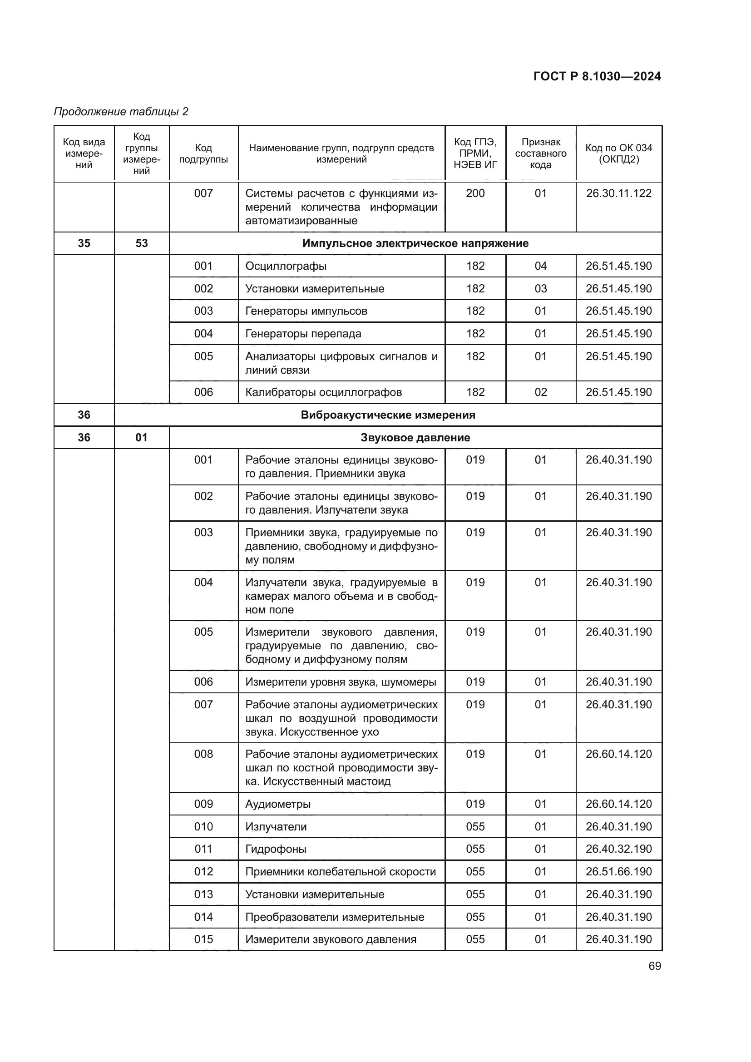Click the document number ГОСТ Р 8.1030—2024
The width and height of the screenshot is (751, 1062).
[597, 76]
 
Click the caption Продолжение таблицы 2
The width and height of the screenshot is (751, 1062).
[121, 112]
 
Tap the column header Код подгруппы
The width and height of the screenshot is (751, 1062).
[203, 153]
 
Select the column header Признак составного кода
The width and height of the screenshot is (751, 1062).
[541, 153]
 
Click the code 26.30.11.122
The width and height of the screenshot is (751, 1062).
[619, 193]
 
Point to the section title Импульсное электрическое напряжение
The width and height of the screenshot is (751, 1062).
[415, 243]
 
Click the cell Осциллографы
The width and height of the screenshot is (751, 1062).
[286, 266]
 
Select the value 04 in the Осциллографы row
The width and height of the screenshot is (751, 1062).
[541, 266]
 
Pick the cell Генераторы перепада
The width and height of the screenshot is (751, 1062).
[303, 334]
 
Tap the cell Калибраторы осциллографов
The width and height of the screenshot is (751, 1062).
[323, 392]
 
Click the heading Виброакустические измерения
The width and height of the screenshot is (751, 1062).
[387, 415]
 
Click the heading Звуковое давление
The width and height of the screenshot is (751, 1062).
[415, 438]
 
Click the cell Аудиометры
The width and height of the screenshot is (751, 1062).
[277, 804]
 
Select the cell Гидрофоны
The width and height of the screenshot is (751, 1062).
[276, 849]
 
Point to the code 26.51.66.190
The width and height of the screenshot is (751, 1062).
[619, 871]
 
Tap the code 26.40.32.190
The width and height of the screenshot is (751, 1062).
[619, 849]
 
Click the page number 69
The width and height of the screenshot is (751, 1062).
[654, 966]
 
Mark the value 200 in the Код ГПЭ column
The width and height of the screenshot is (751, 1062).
[475, 193]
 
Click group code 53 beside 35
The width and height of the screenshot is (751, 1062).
[142, 243]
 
